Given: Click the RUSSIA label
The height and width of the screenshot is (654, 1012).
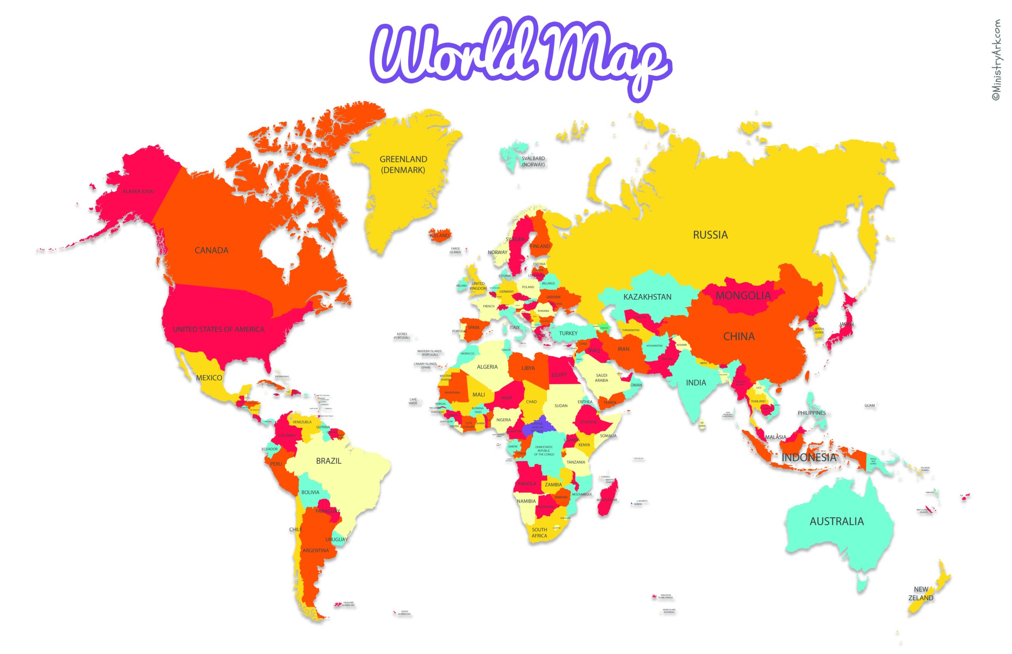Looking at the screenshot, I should (x=710, y=235).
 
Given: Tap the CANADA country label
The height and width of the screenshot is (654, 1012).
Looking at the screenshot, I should (x=211, y=250).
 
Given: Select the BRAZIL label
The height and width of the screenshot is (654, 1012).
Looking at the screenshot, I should (x=328, y=461).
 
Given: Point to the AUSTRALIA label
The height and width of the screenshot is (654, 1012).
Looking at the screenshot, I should (x=836, y=521).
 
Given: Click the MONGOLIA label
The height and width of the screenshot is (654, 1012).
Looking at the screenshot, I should (x=742, y=295).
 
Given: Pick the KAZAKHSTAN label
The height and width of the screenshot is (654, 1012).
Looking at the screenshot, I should (x=647, y=297).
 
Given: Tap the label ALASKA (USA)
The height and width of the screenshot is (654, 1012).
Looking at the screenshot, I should (x=138, y=192).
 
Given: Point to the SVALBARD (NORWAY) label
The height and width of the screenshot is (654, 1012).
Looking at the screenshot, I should (x=533, y=162).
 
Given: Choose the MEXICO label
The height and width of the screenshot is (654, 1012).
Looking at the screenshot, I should (x=209, y=378).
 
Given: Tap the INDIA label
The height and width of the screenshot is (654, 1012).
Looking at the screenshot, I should (x=696, y=383).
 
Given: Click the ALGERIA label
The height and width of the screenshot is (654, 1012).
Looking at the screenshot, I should (x=487, y=367).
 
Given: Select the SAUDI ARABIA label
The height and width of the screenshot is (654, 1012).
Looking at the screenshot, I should (x=601, y=378).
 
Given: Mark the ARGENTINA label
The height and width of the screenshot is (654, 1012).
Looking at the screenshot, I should (x=315, y=551).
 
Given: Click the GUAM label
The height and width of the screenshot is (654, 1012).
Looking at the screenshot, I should (x=869, y=406).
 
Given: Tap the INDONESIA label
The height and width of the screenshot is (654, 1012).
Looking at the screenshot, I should (x=809, y=457).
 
